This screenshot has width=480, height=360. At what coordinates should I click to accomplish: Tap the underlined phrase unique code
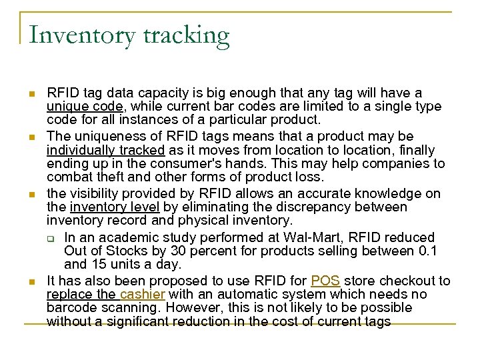84,107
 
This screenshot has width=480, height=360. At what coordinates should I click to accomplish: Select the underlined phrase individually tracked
105,150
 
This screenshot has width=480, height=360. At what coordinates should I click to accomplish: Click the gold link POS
325,281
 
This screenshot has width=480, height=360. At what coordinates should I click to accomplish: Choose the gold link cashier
143,294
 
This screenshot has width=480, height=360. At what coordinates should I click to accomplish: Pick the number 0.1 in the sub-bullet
425,251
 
